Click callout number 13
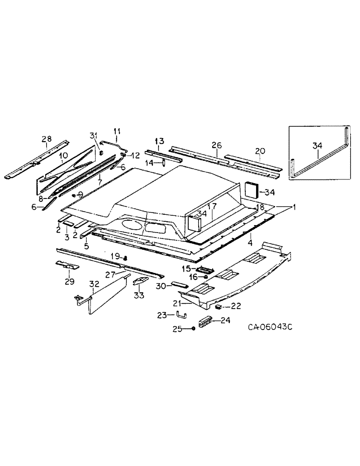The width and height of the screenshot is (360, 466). coord(159,141)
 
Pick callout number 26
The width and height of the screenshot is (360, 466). coord(216,146)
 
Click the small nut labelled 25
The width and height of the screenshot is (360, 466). coord(192,329)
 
